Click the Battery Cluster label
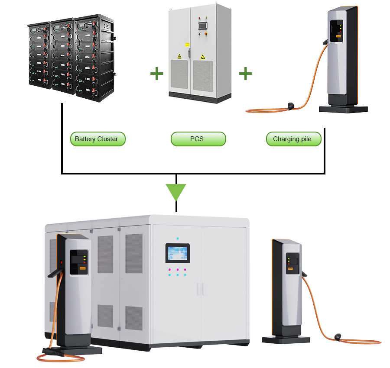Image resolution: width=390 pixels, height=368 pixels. [x=97, y=139]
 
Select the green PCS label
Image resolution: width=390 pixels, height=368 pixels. [x=198, y=139]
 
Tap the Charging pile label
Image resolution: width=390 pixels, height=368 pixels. [x=293, y=139]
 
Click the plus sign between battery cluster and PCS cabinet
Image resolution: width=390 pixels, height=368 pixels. [x=156, y=74]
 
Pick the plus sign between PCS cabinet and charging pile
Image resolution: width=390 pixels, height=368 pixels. [x=245, y=74]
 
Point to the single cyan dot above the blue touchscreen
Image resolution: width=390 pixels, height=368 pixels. [x=178, y=239]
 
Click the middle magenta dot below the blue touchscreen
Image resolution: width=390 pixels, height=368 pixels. [x=178, y=269]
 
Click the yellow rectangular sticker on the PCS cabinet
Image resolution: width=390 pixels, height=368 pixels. [x=187, y=44]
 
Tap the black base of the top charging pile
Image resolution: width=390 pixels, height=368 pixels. [x=343, y=109]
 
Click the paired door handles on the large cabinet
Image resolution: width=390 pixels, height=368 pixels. [x=200, y=289]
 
